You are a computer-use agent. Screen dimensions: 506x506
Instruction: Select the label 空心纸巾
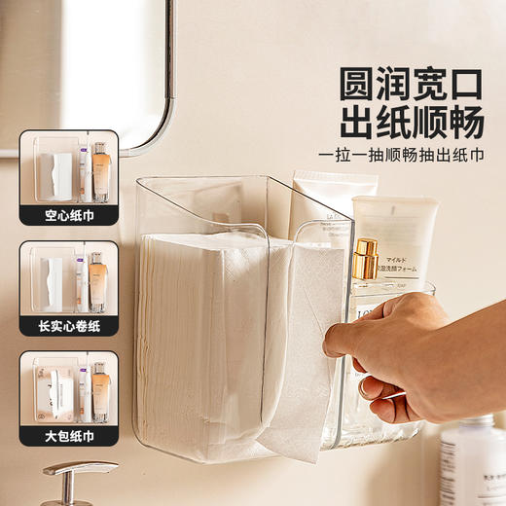pos(69,215)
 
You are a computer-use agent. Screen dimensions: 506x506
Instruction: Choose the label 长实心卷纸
pos(69,325)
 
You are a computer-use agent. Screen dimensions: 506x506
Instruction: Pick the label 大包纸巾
pos(69,435)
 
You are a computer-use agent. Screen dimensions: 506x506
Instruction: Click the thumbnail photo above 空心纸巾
pos(69,170)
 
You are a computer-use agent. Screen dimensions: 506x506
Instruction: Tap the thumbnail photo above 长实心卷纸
pos(69,278)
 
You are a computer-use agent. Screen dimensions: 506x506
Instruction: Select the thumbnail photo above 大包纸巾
pos(69,390)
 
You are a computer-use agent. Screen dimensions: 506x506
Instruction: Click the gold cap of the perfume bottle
pos(365,258)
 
